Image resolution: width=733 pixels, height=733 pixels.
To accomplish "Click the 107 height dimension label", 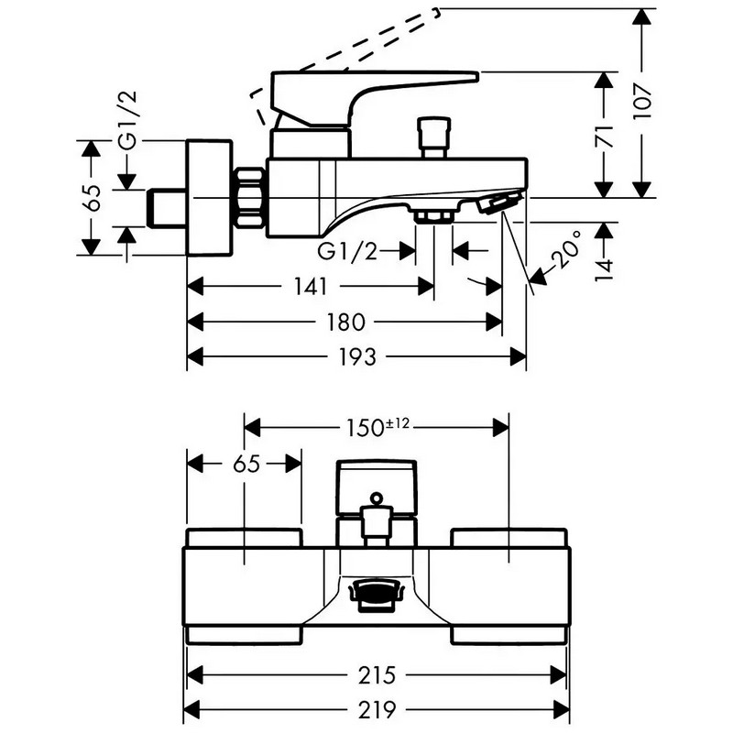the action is (642, 102).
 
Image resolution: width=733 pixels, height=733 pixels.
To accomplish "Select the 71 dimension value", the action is (604, 137).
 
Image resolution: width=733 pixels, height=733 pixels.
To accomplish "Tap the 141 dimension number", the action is (310, 286).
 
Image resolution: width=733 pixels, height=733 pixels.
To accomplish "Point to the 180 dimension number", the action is (345, 323).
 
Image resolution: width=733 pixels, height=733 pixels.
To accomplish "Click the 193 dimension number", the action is (357, 357).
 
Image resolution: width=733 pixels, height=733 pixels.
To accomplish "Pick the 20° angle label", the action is (566, 248).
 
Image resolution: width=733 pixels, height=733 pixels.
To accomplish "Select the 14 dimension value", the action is (604, 269).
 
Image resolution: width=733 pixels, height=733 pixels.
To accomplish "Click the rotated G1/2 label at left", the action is (127, 120).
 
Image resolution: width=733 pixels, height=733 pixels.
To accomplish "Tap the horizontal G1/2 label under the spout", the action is (347, 251).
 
